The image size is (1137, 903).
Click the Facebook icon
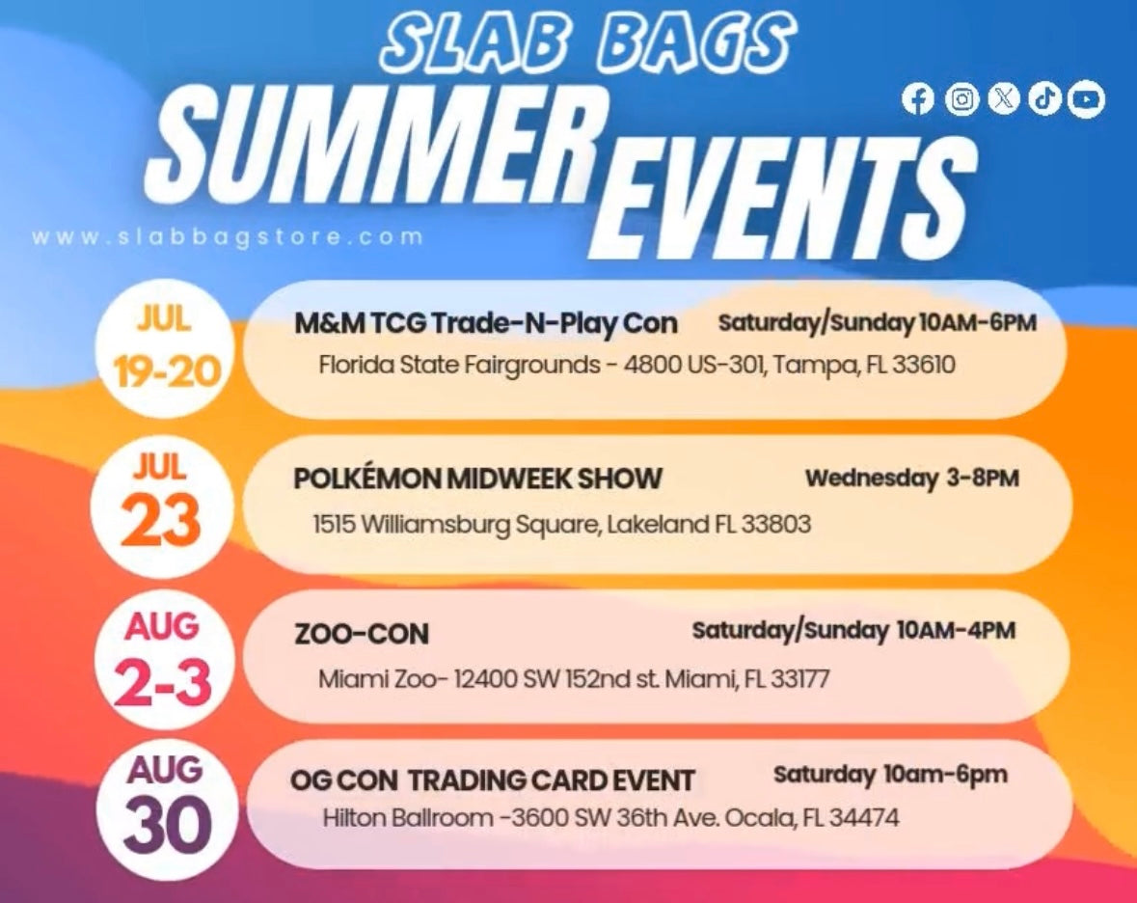pos(918,98)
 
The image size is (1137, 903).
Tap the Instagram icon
pos(961,98)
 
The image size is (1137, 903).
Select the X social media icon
pos(1004,98)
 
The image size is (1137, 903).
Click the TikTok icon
pos(1045,98)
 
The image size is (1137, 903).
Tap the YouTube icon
pos(1086,98)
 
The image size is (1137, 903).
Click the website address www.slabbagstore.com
pos(227,237)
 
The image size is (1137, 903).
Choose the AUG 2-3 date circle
pos(161,659)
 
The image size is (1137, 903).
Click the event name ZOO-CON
pos(361,635)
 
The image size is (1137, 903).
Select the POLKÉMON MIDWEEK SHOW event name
pos(478,479)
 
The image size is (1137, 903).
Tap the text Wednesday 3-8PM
pos(912,479)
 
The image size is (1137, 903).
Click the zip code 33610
pos(923,364)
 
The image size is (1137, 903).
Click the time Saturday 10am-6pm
pos(890,775)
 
